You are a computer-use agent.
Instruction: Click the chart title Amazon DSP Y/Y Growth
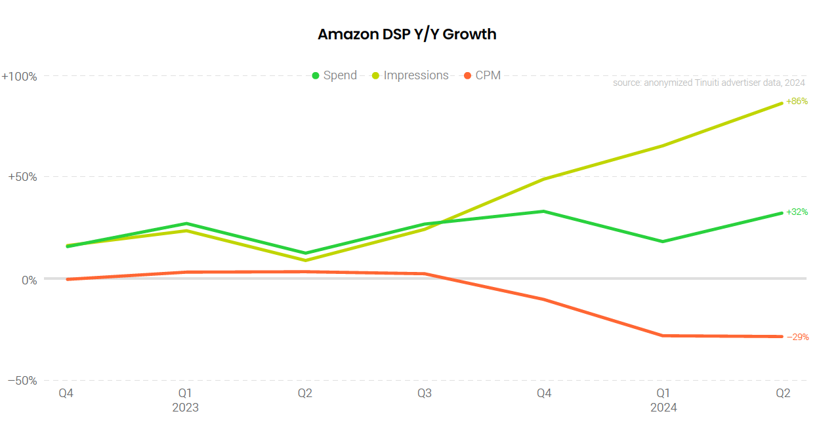point(407,34)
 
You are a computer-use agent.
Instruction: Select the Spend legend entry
point(335,75)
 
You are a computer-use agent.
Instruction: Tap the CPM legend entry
point(482,75)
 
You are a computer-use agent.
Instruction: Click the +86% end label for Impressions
point(797,102)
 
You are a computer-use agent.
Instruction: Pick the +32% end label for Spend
point(797,212)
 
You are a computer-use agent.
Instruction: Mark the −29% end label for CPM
point(797,337)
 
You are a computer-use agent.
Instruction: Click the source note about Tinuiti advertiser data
point(709,83)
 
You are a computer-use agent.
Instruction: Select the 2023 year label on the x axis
point(185,408)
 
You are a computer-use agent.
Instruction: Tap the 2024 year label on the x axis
point(663,408)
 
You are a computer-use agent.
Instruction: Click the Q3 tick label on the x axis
point(425,394)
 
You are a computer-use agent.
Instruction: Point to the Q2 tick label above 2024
point(783,394)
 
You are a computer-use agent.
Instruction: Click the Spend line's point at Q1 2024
point(663,242)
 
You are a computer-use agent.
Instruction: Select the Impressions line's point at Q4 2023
point(544,179)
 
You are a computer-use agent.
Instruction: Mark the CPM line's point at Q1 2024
point(663,336)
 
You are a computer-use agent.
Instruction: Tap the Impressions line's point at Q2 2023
point(305,261)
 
